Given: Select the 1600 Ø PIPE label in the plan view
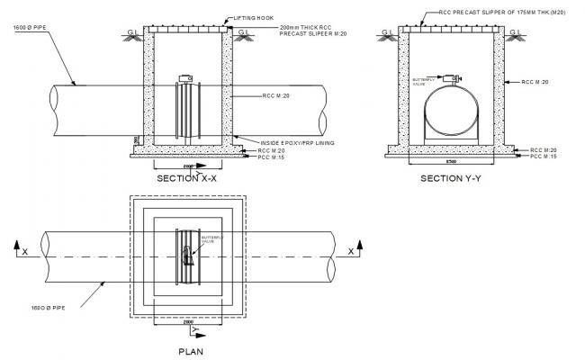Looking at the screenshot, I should pos(37,308).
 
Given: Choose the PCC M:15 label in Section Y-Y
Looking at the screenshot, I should pos(543,157).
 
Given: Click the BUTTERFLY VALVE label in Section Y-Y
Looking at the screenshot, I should pos(423,81).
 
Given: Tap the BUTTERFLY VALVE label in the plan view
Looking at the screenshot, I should pos(208,240).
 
